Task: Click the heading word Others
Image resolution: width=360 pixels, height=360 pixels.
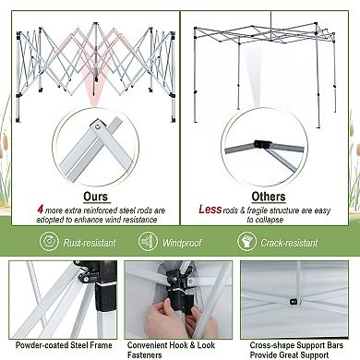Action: [x=268, y=197]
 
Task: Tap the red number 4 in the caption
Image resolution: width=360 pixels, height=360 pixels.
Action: [x=39, y=210]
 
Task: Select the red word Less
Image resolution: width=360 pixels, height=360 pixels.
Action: [x=209, y=210]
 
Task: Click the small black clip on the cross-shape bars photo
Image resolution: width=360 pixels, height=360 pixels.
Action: [x=293, y=299]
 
